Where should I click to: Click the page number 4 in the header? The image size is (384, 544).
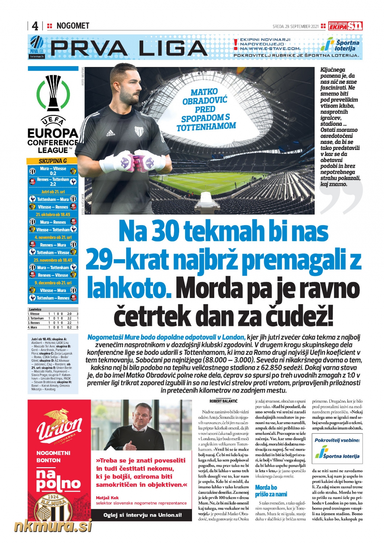pyautogui.click(x=35, y=26)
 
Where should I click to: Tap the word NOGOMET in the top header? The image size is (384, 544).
pyautogui.click(x=73, y=26)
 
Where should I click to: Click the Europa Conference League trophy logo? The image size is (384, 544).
pyautogui.click(x=53, y=93)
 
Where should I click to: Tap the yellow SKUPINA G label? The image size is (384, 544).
pyautogui.click(x=52, y=161)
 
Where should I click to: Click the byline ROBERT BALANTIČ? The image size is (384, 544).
pyautogui.click(x=223, y=401)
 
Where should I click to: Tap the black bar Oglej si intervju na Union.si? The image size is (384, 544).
pyautogui.click(x=142, y=515)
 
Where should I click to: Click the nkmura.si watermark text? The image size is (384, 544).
pyautogui.click(x=53, y=526)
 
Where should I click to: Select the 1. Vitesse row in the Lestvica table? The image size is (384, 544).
pyautogui.click(x=53, y=314)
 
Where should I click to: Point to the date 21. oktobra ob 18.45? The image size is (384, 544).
pyautogui.click(x=53, y=215)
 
